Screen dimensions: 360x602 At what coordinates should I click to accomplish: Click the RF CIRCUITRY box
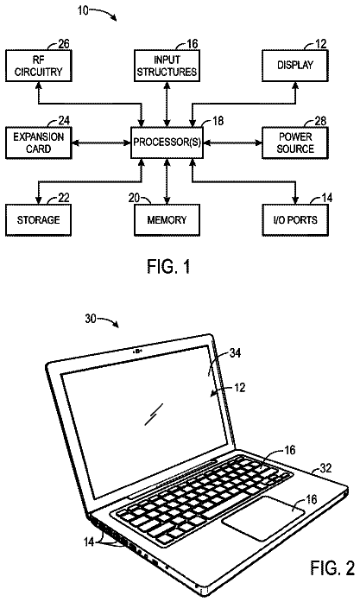point(38,66)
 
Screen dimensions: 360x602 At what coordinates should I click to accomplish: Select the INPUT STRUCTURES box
point(167,66)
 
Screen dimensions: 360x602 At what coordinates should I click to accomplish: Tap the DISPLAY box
point(295,66)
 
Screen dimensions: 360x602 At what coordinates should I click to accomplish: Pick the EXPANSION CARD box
point(38,143)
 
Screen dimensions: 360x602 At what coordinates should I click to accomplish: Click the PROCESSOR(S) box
point(167,143)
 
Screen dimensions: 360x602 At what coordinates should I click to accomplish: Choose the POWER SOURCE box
point(295,143)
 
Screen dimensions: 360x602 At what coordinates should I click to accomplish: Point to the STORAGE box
point(38,220)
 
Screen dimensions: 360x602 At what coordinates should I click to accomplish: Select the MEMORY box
point(167,220)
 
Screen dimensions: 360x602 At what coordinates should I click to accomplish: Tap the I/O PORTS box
point(295,220)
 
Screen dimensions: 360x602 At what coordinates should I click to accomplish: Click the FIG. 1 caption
point(169,267)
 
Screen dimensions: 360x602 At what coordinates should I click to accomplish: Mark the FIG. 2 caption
point(332,567)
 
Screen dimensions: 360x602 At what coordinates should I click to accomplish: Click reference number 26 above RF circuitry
point(64,44)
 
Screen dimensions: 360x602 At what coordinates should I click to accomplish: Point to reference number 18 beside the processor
point(218,121)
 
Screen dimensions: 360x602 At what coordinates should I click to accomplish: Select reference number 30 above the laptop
point(91,319)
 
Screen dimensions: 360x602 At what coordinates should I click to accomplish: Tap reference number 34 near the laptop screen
point(235,352)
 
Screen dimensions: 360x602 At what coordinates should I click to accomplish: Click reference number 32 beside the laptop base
point(326,468)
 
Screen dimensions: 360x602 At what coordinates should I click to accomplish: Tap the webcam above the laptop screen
point(137,351)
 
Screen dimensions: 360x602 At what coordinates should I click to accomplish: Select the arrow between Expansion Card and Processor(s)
point(101,143)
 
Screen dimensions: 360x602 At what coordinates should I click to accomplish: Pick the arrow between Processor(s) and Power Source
point(232,143)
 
